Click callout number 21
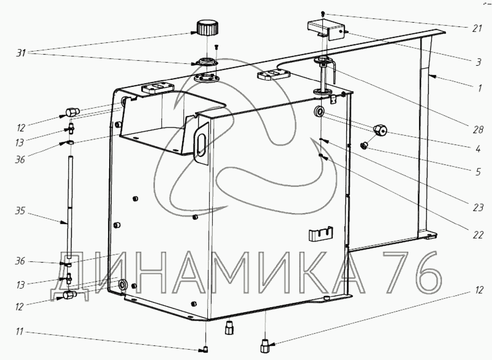477,29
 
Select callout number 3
478,62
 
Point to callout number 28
478,129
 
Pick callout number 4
478,149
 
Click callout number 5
478,172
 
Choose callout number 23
478,207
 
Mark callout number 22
478,235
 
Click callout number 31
21,53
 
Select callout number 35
20,211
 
